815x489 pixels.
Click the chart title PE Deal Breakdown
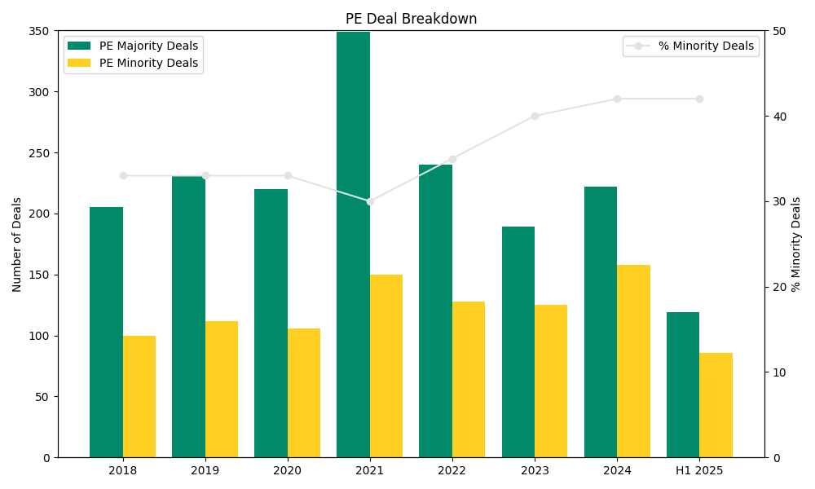click(x=411, y=19)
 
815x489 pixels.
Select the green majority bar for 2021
click(x=353, y=244)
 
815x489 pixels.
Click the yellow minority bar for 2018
click(x=139, y=396)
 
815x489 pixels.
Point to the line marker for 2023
click(x=535, y=116)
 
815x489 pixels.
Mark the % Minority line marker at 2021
click(x=370, y=201)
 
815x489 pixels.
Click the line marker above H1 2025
click(x=699, y=99)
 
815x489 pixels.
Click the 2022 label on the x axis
click(x=452, y=471)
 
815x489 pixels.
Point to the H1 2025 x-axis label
click(x=699, y=471)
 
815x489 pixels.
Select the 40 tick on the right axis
click(x=778, y=117)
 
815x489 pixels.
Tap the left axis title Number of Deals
click(x=17, y=244)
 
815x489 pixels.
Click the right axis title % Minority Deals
click(x=796, y=244)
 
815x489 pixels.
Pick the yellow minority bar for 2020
click(x=304, y=393)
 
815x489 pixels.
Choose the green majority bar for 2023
click(x=518, y=342)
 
